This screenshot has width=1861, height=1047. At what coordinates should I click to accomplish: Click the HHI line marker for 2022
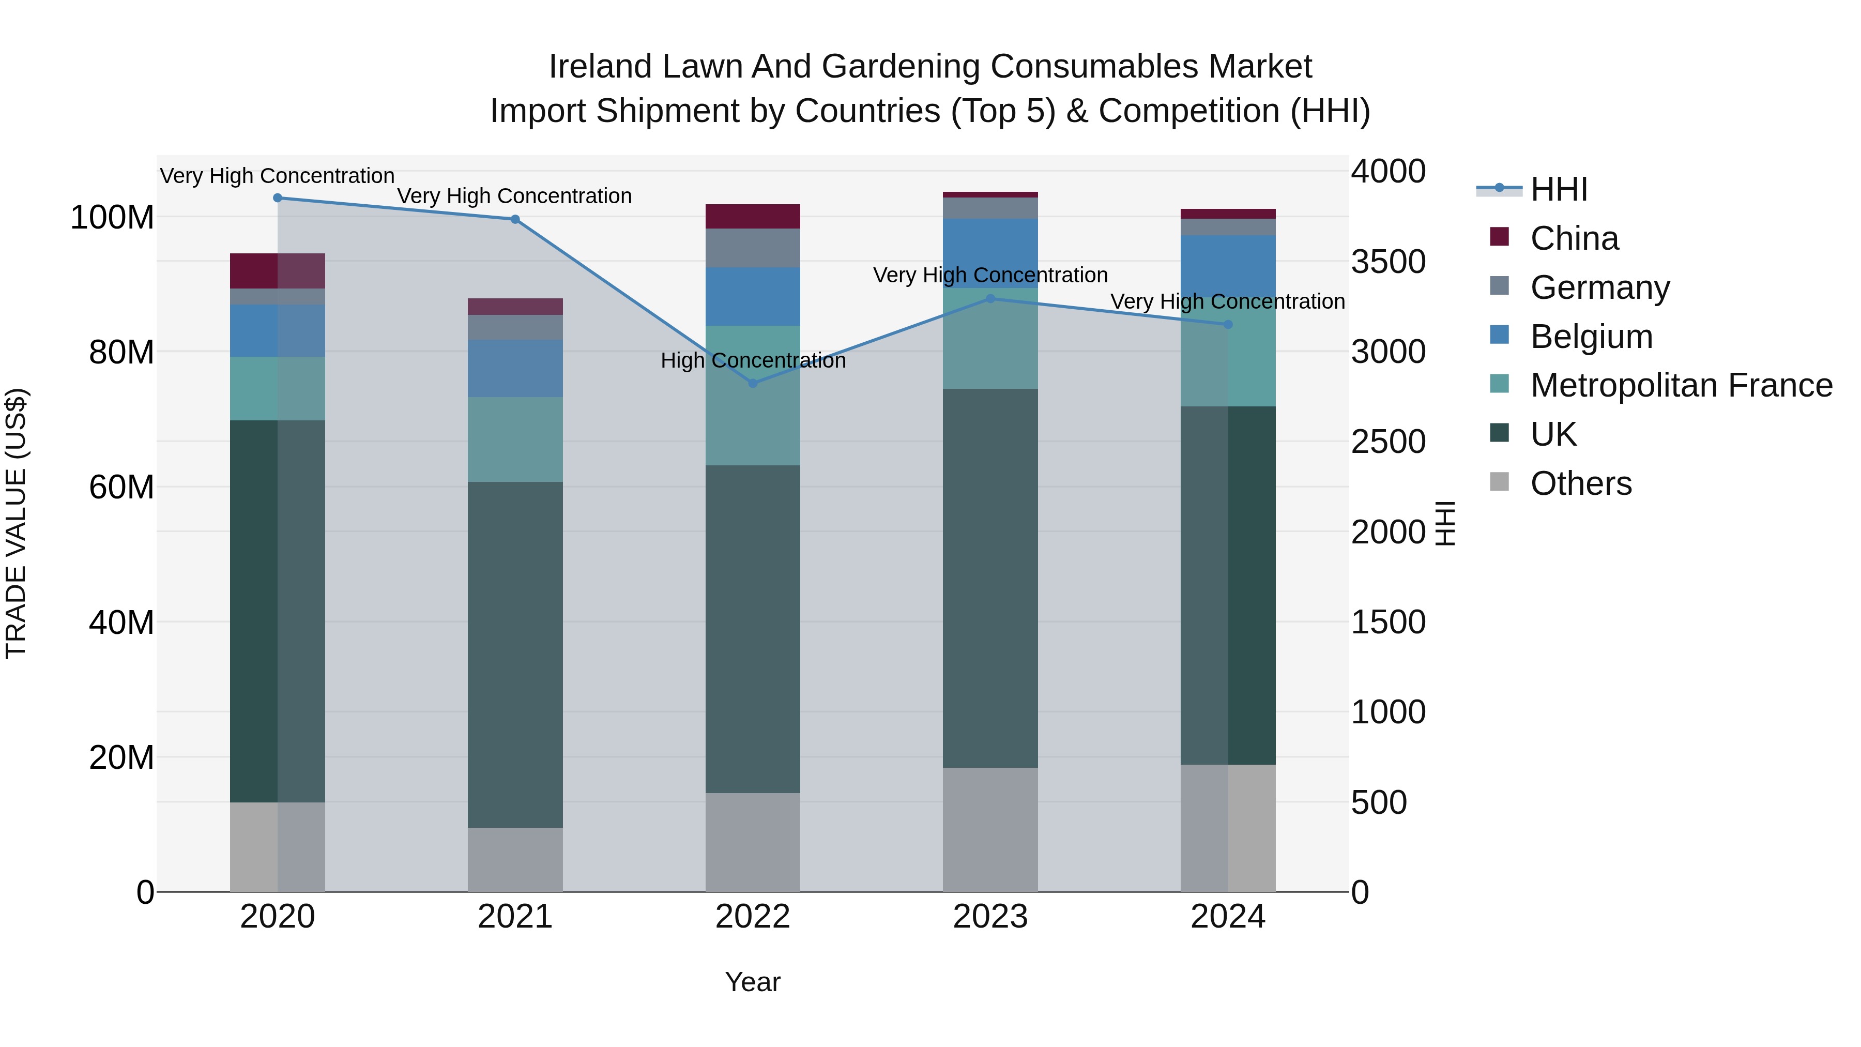click(x=753, y=384)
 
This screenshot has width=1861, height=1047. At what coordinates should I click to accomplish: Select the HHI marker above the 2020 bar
click(x=278, y=198)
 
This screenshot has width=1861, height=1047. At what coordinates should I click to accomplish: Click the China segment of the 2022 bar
click(x=753, y=216)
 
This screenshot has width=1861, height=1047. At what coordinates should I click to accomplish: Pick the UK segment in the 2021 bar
click(x=515, y=654)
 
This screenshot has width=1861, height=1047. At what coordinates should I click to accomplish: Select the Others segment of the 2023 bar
click(x=990, y=829)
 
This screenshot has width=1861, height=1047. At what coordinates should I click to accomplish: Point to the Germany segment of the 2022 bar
click(x=753, y=248)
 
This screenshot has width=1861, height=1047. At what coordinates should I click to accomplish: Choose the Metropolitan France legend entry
click(x=1681, y=385)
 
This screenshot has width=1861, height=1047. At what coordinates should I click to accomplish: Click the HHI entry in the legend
click(x=1558, y=189)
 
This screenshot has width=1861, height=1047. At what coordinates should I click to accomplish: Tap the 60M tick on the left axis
click(x=121, y=487)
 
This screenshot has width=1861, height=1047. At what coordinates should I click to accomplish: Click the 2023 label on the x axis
click(x=990, y=917)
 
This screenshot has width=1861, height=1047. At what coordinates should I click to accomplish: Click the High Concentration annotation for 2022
click(x=753, y=360)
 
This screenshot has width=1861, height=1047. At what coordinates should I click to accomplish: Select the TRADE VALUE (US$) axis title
click(x=16, y=523)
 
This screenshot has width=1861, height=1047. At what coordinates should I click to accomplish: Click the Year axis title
click(x=752, y=982)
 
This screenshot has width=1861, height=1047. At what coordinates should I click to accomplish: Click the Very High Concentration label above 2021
click(x=514, y=196)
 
